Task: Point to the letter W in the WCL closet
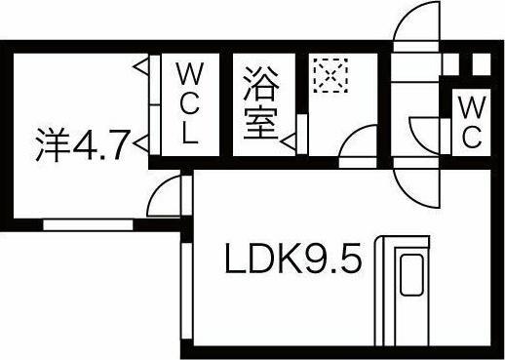coord(188,73)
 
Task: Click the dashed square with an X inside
coord(330,74)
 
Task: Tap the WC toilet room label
coord(470,121)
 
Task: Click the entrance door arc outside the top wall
coord(416,24)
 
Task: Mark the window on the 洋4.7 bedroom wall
coord(88,223)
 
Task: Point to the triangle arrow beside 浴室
coord(289,141)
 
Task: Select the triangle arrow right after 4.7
coord(139,146)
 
